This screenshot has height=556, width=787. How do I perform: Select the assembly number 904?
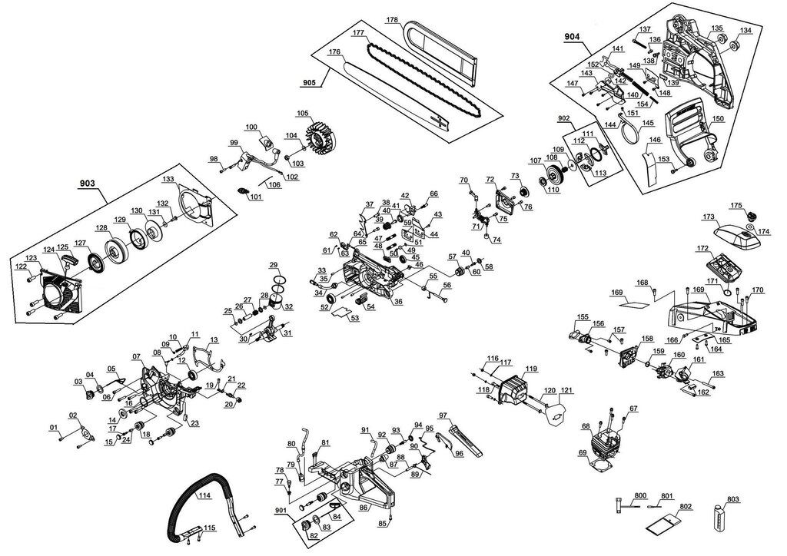tap(572, 36)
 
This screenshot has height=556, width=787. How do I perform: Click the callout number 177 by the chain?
tap(358, 33)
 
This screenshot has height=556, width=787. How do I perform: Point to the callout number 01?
tap(54, 427)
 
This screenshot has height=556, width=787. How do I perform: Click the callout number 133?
tap(168, 179)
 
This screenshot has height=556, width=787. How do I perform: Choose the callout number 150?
tap(718, 119)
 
